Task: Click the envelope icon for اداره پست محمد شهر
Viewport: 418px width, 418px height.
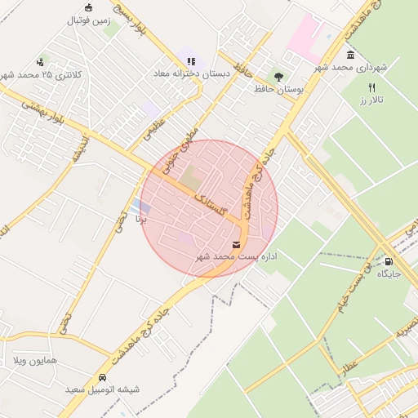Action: (237, 245)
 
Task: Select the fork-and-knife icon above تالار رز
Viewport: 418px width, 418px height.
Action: (372, 87)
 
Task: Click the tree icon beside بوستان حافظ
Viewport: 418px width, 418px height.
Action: (279, 77)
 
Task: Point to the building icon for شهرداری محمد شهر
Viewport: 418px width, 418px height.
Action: (350, 55)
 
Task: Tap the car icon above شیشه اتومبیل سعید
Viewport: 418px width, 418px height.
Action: (102, 377)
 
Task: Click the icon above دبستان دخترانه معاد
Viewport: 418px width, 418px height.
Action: (190, 61)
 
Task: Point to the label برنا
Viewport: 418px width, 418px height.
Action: (141, 219)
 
